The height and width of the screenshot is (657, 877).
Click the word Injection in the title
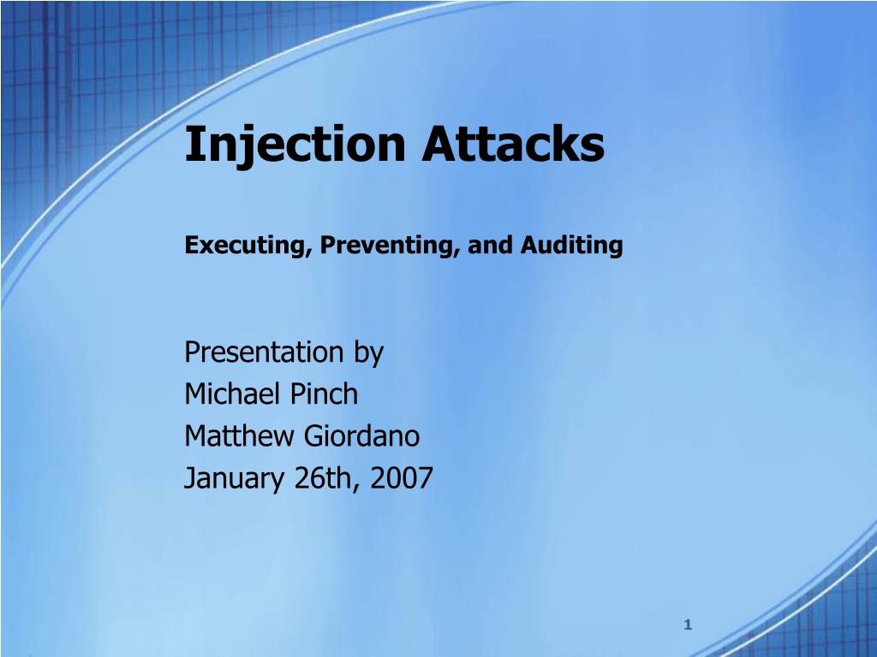pyautogui.click(x=295, y=144)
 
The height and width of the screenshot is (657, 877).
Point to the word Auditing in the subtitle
pyautogui.click(x=568, y=246)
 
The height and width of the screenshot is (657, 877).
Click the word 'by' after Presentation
pyautogui.click(x=368, y=354)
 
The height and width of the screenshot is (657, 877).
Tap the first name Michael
pyautogui.click(x=234, y=394)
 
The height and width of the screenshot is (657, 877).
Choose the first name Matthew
pyautogui.click(x=241, y=436)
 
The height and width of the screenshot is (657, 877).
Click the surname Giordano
pyautogui.click(x=362, y=436)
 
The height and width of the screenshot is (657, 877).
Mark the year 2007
pyautogui.click(x=402, y=478)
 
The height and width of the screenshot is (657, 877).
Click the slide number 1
pyautogui.click(x=687, y=626)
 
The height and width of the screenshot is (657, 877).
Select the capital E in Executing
pyautogui.click(x=192, y=246)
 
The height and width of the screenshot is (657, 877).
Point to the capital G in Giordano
pyautogui.click(x=313, y=436)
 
